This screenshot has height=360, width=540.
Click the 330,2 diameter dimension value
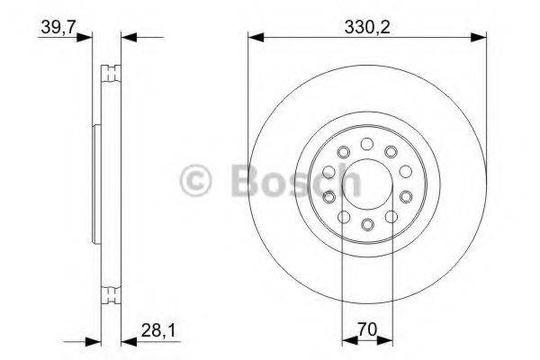(x=366, y=26)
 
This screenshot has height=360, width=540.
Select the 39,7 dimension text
(x=56, y=26)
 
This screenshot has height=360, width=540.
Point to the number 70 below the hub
(x=366, y=331)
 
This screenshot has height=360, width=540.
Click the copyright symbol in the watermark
(x=198, y=179)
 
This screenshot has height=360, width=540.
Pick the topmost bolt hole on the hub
(x=366, y=143)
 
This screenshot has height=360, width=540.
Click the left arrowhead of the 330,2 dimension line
(x=255, y=38)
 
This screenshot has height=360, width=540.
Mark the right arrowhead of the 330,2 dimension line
(x=479, y=38)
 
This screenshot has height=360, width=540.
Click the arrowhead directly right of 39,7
(x=87, y=38)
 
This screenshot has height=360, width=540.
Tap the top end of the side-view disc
(x=112, y=67)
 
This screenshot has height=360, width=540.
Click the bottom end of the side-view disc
(x=112, y=301)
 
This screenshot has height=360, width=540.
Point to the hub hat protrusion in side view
(x=95, y=184)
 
